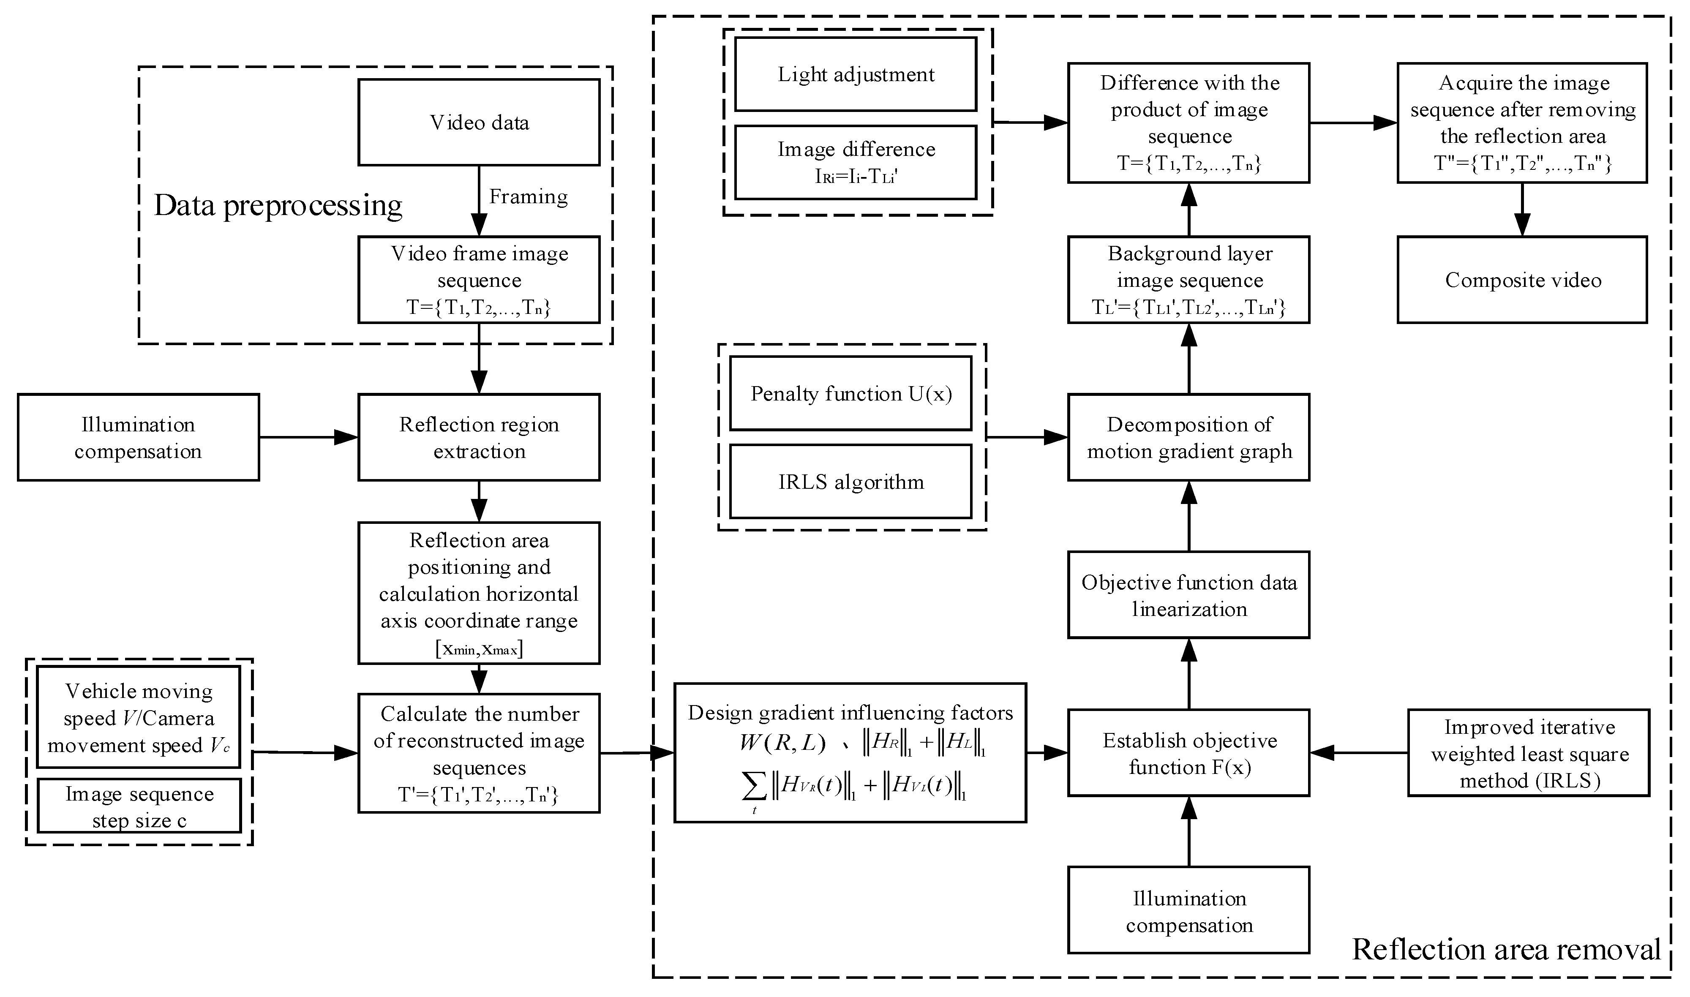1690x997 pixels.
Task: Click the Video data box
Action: click(479, 122)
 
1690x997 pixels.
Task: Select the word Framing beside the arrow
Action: click(528, 197)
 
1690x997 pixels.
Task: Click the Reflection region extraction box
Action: click(479, 437)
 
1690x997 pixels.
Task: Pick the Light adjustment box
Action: click(855, 75)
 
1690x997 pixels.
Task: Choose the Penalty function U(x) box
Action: click(850, 394)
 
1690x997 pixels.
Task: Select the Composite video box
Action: click(1522, 280)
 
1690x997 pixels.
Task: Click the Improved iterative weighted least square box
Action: click(1529, 753)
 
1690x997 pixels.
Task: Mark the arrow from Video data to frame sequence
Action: click(479, 202)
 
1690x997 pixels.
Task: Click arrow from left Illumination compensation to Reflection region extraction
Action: click(309, 437)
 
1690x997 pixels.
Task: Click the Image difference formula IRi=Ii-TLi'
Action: click(856, 177)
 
